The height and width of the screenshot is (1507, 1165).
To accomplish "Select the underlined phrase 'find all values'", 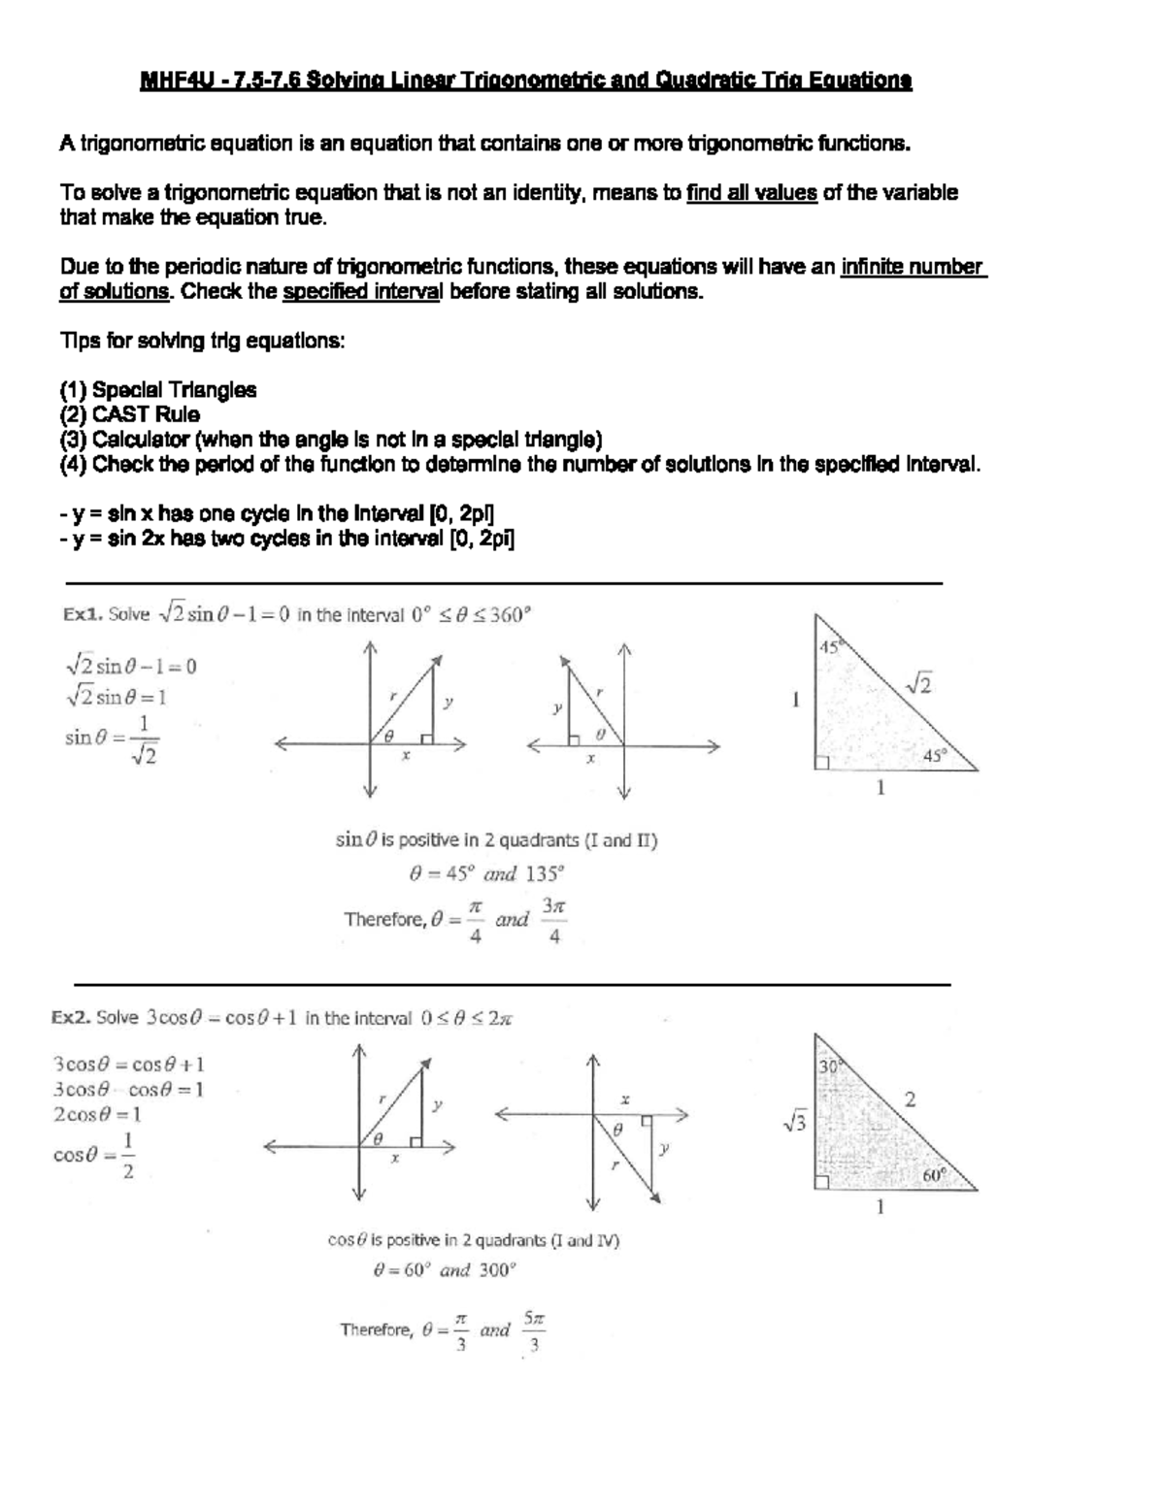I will (751, 192).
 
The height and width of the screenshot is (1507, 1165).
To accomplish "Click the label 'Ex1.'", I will (82, 614).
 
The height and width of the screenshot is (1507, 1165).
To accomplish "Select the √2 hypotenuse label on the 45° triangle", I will (918, 685).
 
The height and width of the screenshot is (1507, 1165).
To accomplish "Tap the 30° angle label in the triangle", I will (828, 1065).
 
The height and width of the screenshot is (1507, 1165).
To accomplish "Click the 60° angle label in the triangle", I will (934, 1174).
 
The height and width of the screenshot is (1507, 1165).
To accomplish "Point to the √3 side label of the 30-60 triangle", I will (793, 1124).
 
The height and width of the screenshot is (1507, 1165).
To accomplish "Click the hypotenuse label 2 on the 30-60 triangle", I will (910, 1099).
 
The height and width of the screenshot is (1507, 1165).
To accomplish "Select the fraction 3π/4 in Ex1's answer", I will (553, 920).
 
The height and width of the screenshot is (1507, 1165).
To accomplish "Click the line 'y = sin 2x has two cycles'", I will (286, 541).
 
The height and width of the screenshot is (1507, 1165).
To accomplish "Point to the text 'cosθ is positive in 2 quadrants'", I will (474, 1240).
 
